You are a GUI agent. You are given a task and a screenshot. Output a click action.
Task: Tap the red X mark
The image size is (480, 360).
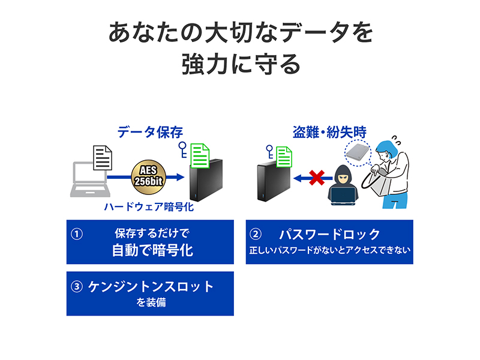pos(317,178)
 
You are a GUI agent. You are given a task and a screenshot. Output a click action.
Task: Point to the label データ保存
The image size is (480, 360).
pos(149,132)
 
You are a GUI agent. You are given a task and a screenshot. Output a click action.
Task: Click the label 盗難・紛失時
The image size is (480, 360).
pos(329,132)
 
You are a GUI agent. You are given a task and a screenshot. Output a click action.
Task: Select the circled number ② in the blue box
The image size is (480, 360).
pos(256,234)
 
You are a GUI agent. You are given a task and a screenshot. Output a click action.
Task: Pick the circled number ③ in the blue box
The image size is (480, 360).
pos(76,286)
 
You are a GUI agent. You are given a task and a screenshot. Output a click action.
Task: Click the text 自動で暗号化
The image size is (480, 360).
pos(153,250)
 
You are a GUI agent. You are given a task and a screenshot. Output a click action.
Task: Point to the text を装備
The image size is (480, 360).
pos(150,302)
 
